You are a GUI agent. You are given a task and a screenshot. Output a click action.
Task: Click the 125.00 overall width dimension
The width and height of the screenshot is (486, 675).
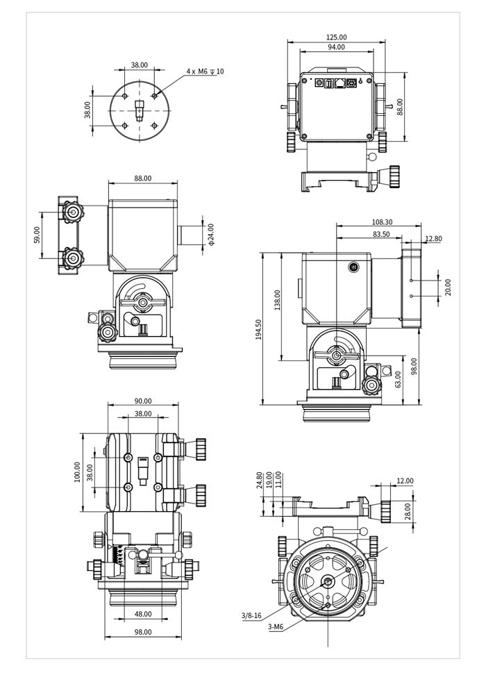coord(336,37)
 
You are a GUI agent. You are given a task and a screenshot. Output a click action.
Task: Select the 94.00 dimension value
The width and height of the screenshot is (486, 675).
coord(336,47)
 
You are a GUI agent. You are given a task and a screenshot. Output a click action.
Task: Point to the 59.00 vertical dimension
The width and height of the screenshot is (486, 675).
coord(37,235)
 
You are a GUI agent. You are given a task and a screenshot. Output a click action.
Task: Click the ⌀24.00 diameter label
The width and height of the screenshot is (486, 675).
coord(211,234)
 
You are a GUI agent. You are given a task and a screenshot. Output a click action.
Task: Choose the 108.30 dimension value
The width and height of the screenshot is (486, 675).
coord(378,222)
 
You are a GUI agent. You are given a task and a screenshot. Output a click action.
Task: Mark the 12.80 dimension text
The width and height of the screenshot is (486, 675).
coord(433,239)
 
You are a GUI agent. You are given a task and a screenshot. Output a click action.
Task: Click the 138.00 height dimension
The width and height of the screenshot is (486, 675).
coord(278,300)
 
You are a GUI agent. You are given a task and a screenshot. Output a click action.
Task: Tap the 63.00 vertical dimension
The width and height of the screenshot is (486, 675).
coord(399,379)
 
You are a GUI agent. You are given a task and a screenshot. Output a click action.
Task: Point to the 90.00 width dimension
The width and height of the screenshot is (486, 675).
coord(142,401)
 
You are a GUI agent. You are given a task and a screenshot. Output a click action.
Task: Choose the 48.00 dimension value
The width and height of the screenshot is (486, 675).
coord(142,614)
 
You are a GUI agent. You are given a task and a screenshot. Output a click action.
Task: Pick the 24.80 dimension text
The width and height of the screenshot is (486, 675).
coord(260,481)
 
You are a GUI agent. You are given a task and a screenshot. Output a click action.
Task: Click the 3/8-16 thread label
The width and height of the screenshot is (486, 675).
coord(251,615)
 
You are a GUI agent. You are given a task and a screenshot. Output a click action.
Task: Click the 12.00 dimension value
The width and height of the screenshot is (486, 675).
coord(405,481)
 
